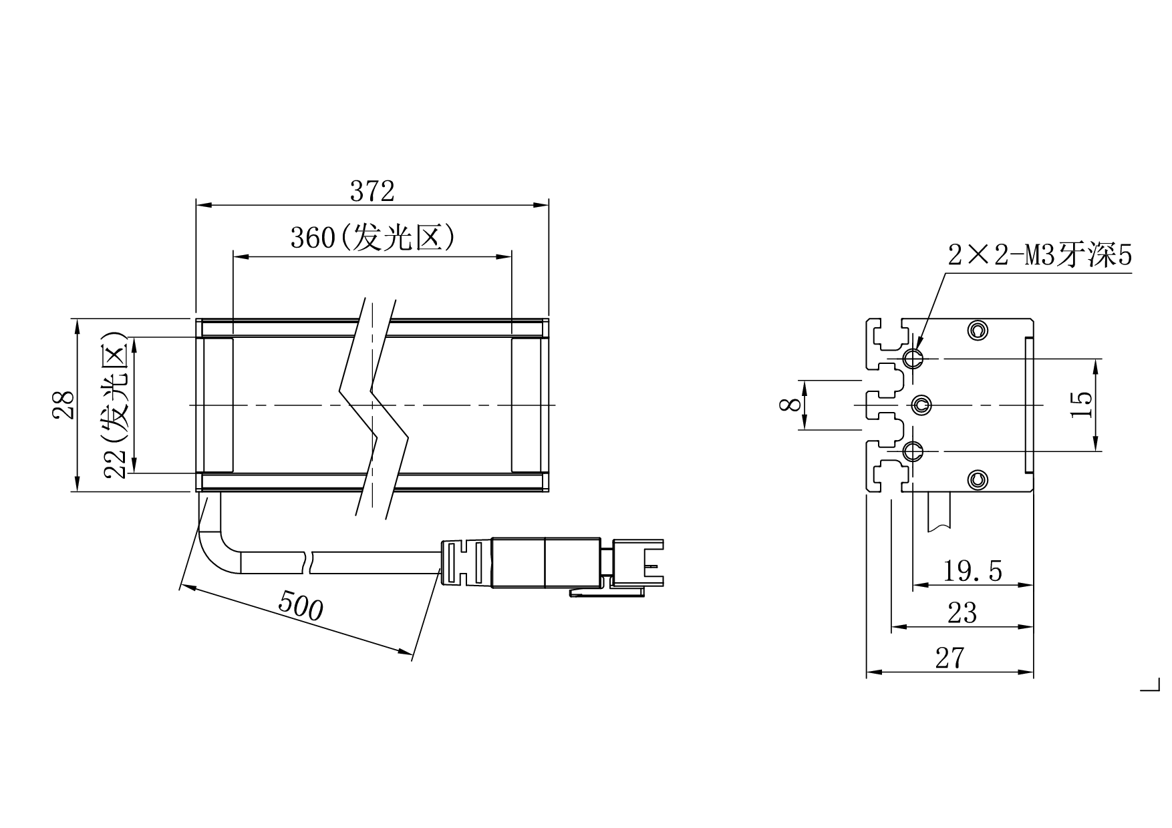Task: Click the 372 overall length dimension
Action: pos(372,192)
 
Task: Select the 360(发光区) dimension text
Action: pos(372,238)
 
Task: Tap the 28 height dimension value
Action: pos(64,405)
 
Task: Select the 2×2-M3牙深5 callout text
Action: pos(1040,255)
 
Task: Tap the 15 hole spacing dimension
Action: pos(1081,404)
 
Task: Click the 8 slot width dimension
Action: pos(790,404)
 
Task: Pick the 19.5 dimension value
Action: pos(972,572)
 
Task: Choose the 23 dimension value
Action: pos(962,613)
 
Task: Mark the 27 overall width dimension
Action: pos(949,658)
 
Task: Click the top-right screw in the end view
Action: pos(978,329)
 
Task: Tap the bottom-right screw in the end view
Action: pos(978,478)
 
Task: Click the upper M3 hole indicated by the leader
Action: pos(913,359)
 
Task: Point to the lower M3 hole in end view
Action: pos(913,451)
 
